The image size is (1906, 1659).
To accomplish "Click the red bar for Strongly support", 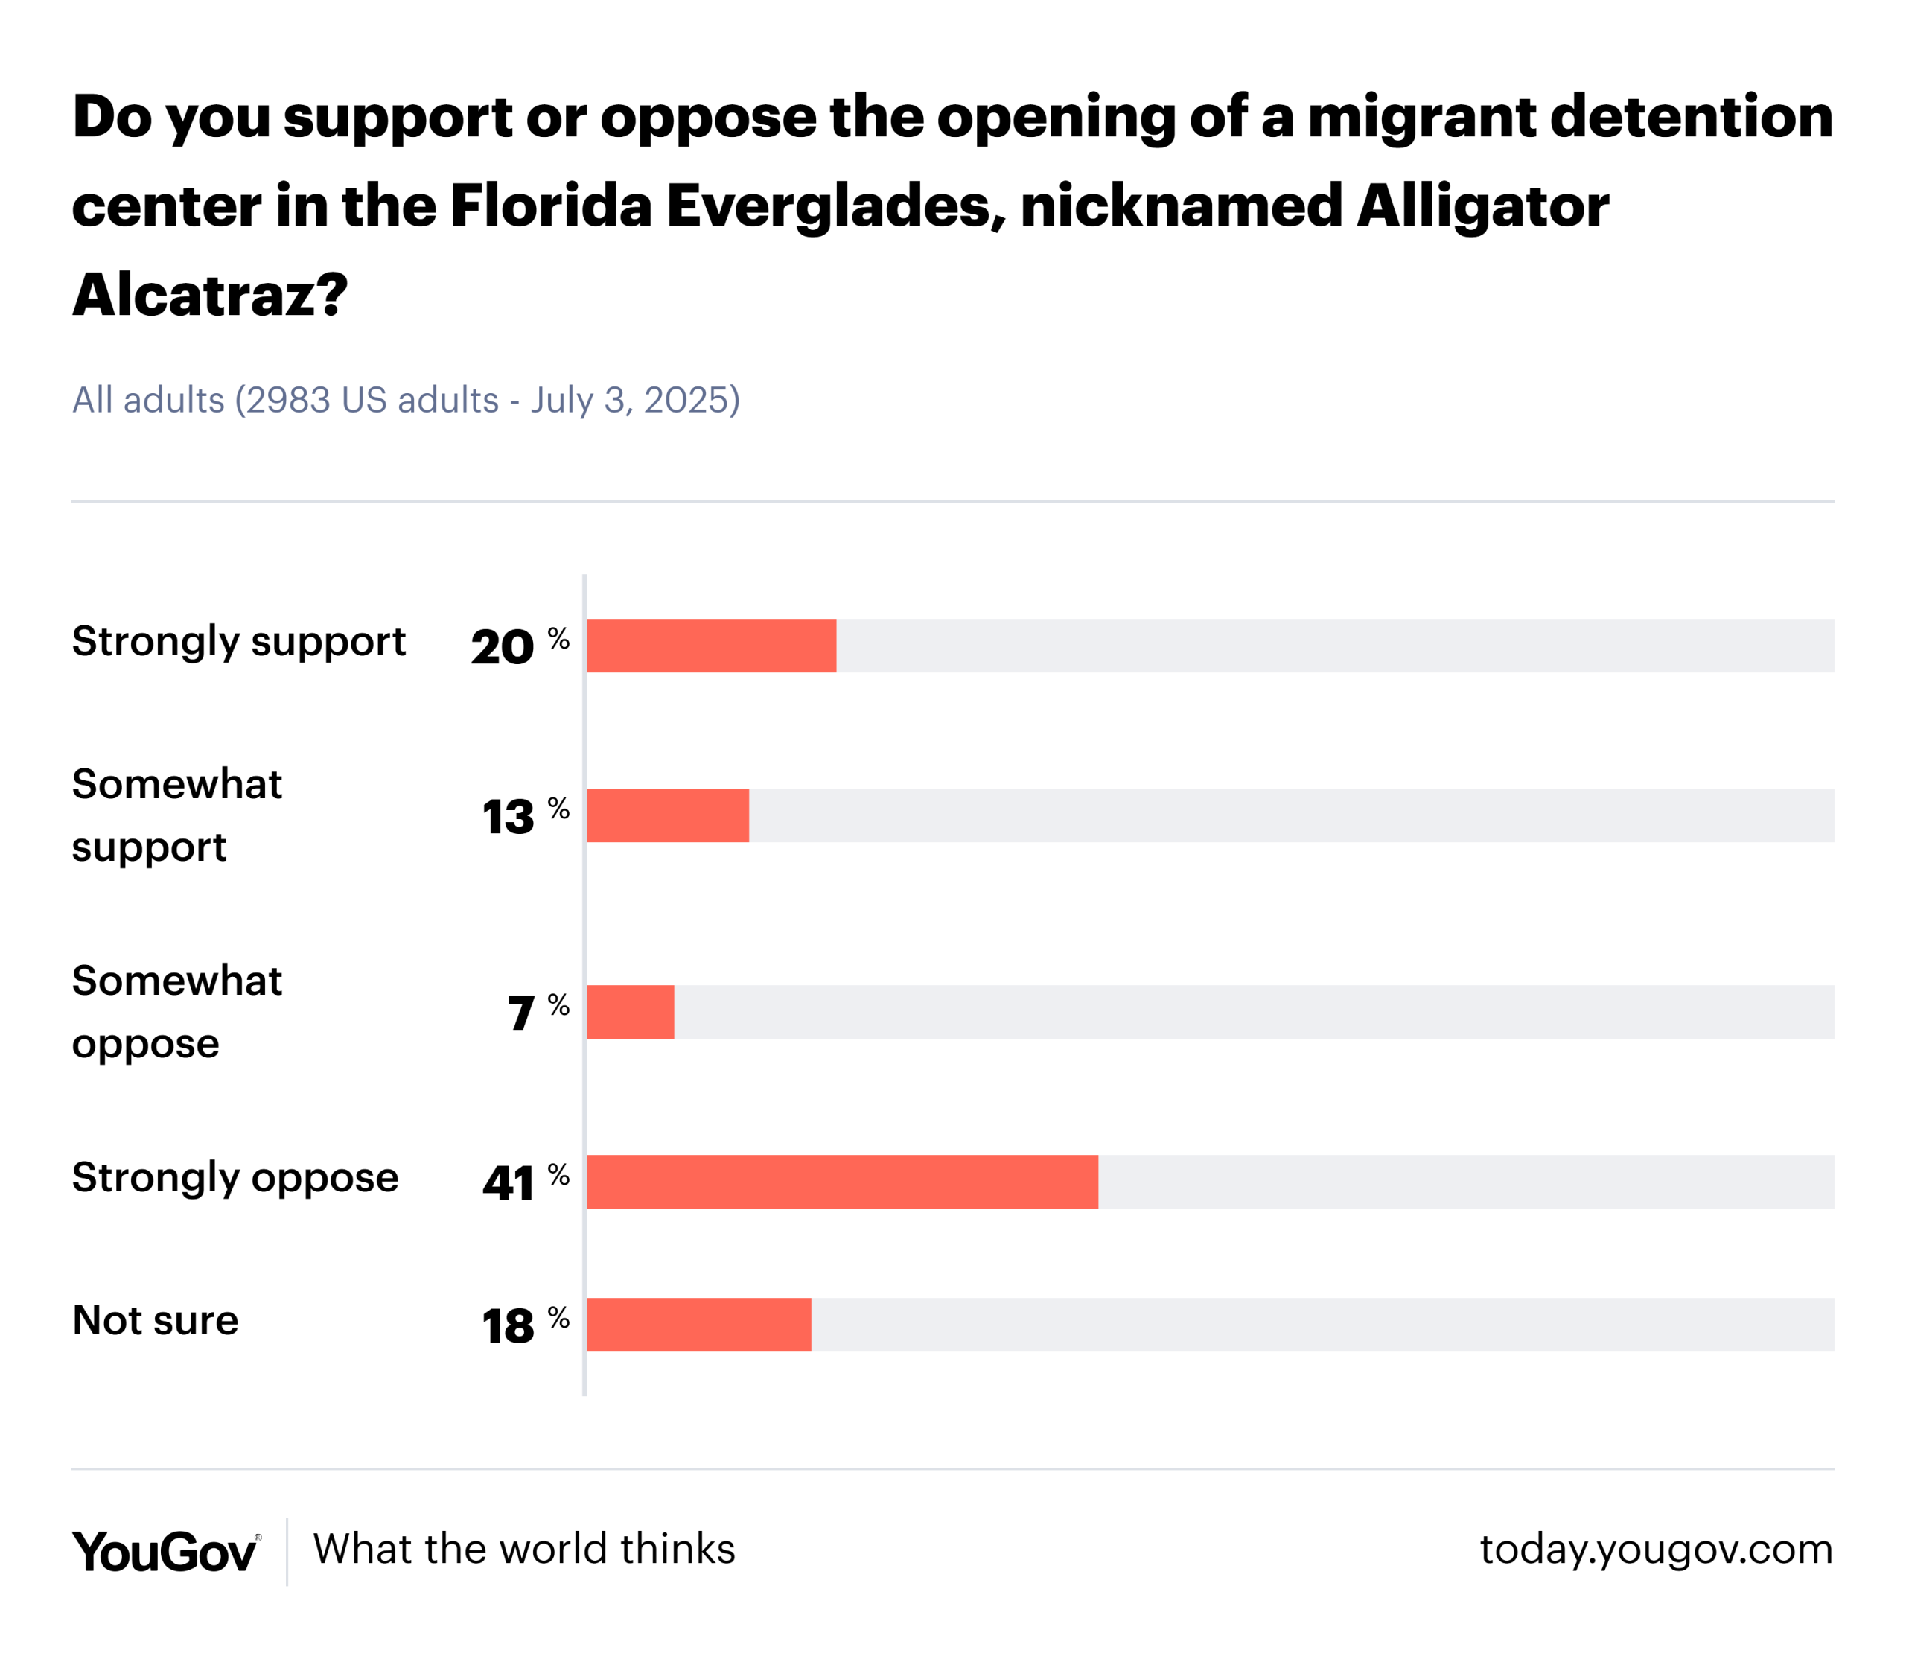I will (x=711, y=646).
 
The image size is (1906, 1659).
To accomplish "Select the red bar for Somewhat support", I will (x=667, y=815).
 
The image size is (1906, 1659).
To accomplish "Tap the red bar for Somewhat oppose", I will (x=631, y=1012).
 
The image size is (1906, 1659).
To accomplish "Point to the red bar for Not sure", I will (x=699, y=1325).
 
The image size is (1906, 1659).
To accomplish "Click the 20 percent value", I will (x=518, y=646).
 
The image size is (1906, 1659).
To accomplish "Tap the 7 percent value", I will (x=536, y=1013).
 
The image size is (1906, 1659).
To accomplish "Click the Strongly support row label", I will (x=239, y=643).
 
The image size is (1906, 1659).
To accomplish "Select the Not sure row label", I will (x=156, y=1321).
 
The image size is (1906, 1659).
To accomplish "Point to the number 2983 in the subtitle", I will (x=288, y=400).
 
